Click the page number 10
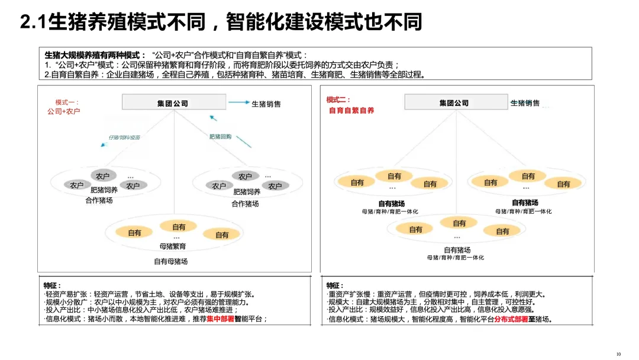pos(618,354)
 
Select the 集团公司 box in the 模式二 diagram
pos(454,102)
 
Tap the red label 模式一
pos(67,102)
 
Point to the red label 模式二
pos(338,100)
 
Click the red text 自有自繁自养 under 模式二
pos(351,110)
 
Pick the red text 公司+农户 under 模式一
pos(67,111)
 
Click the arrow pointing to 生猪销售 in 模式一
pos(238,102)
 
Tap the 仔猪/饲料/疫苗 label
pos(124,137)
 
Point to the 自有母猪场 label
pos(170,261)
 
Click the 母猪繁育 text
pos(173,246)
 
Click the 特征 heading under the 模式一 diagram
pos(52,285)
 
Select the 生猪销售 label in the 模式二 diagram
pos(525,103)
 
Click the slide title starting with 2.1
pos(221,22)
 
